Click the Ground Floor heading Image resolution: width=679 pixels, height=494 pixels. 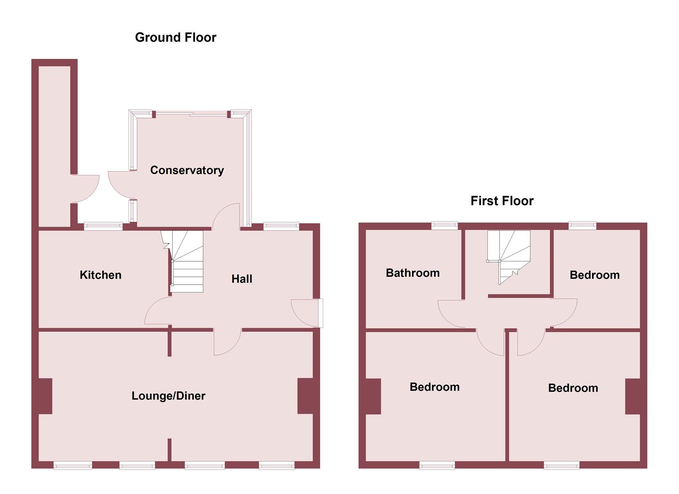pyautogui.click(x=176, y=38)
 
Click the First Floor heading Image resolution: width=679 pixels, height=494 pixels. pyautogui.click(x=502, y=201)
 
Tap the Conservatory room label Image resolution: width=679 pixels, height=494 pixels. pyautogui.click(x=187, y=170)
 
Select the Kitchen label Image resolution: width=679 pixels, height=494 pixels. pyautogui.click(x=101, y=275)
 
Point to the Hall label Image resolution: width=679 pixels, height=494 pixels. pyautogui.click(x=241, y=279)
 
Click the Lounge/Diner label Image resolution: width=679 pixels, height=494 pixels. pyautogui.click(x=168, y=396)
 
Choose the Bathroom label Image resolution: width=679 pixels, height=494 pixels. pyautogui.click(x=412, y=273)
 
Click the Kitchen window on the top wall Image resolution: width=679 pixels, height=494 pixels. pyautogui.click(x=103, y=226)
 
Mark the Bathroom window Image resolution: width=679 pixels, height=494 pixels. pyautogui.click(x=444, y=225)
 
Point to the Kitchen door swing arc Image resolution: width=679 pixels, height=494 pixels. pyautogui.click(x=156, y=312)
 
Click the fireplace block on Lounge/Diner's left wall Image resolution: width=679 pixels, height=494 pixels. pyautogui.click(x=45, y=396)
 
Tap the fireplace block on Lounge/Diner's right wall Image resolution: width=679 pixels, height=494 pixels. pyautogui.click(x=305, y=396)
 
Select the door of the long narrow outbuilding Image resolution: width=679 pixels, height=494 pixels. pyautogui.click(x=86, y=188)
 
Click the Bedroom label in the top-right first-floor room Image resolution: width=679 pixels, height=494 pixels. pyautogui.click(x=594, y=275)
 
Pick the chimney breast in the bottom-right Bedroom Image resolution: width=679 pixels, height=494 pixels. pyautogui.click(x=633, y=397)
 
